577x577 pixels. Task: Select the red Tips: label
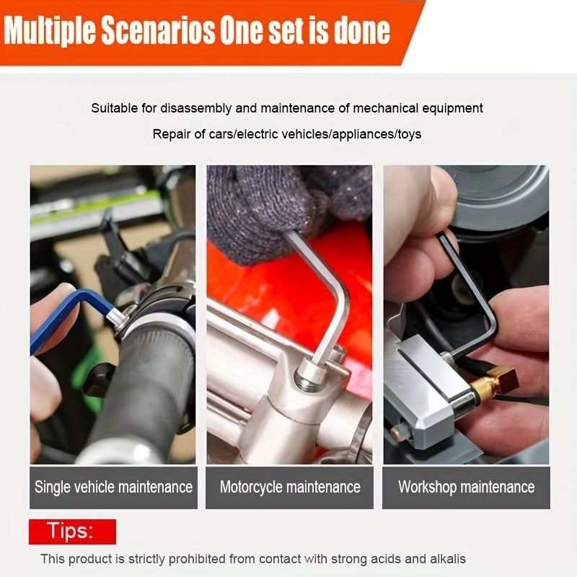click(x=73, y=532)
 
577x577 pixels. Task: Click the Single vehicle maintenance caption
click(x=113, y=488)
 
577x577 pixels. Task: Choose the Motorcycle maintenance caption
click(x=290, y=488)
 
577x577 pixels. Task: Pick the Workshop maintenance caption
click(x=466, y=488)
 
